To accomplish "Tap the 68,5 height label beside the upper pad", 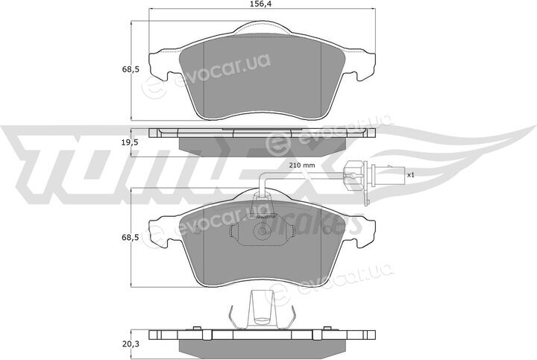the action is (x=131, y=69).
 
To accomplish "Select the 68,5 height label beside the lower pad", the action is (x=131, y=237).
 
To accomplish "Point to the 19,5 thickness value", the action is (x=131, y=143).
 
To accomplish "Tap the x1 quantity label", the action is (x=411, y=175).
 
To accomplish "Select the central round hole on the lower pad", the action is (x=262, y=231).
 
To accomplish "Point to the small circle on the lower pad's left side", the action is (x=196, y=230).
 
